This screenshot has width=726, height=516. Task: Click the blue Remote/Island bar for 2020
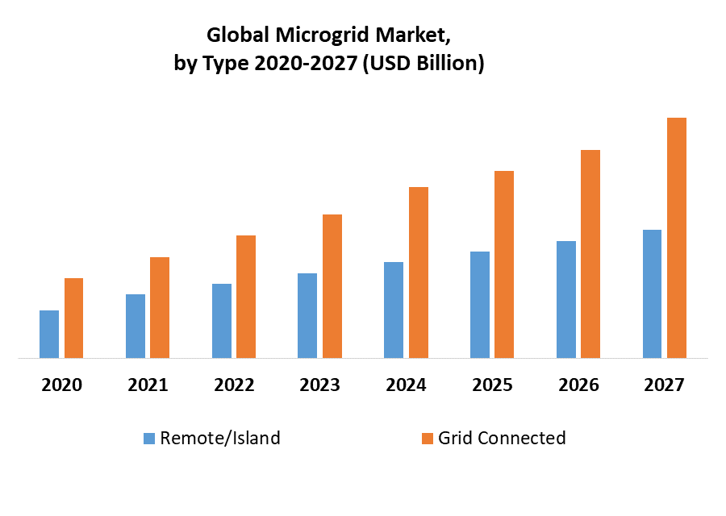click(x=49, y=334)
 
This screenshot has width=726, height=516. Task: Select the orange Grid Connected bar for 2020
click(x=74, y=318)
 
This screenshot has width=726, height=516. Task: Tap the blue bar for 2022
click(x=222, y=321)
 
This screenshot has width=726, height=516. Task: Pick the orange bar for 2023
click(x=332, y=286)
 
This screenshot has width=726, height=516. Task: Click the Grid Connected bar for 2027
click(x=677, y=238)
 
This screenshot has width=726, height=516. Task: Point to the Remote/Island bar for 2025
click(x=480, y=305)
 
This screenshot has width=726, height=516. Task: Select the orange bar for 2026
click(x=590, y=254)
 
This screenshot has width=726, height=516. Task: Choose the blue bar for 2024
click(x=394, y=310)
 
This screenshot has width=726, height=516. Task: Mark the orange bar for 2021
click(x=160, y=307)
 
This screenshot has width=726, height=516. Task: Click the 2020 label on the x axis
click(x=62, y=385)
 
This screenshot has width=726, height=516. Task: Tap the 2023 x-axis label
click(x=320, y=385)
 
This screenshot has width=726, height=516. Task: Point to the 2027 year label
click(x=664, y=385)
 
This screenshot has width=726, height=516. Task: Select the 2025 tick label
click(x=492, y=385)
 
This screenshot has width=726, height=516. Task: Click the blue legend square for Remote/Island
click(x=149, y=439)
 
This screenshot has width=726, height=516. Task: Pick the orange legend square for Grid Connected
click(x=428, y=439)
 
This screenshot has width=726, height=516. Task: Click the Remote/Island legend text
click(x=220, y=439)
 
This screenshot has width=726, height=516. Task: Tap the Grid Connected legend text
click(x=502, y=439)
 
